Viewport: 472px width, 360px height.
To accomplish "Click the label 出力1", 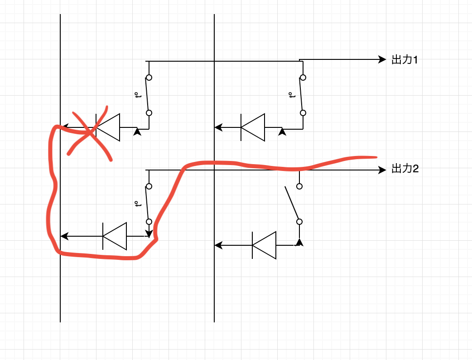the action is pos(405,60).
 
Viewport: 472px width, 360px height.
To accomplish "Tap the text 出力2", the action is pos(405,169).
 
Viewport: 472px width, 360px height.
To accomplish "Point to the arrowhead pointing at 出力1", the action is pos(382,59).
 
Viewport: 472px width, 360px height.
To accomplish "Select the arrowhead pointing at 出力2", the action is pos(382,170).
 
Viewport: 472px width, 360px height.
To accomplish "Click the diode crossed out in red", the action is pos(108,127).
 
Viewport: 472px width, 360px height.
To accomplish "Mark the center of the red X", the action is pos(90,132).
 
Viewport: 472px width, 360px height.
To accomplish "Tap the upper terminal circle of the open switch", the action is pos(299,186).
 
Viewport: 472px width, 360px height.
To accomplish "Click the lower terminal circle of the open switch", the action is pos(299,222).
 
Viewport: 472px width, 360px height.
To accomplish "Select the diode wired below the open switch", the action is pos(264,245).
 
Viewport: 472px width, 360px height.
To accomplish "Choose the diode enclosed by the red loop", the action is pos(115,236).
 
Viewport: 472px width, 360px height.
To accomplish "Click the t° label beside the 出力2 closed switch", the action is pos(138,204).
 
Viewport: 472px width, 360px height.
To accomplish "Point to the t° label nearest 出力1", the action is pos(291,95).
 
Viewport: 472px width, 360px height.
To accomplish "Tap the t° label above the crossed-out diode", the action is pos(138,95).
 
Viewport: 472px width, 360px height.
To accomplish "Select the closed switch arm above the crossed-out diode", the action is pos(147,95).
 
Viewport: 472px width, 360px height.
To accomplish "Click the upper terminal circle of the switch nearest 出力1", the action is pos(303,78).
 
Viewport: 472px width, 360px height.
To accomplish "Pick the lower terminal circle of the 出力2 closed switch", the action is pos(149,222).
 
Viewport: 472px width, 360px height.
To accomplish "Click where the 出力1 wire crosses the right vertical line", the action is pos(214,61).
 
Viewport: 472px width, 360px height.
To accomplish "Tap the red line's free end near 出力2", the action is pos(376,157).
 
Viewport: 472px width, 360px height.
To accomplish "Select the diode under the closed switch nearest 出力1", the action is pos(253,127).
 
